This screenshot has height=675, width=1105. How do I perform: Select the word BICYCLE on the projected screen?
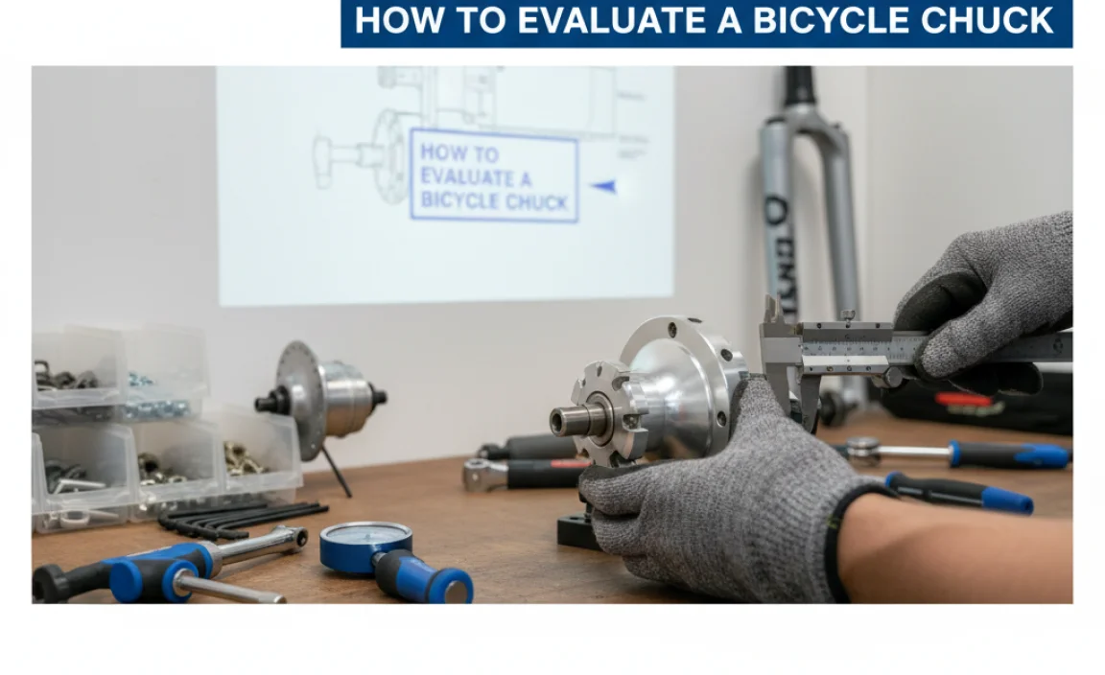pos(458,201)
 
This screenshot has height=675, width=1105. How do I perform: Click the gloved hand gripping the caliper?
pos(988,297)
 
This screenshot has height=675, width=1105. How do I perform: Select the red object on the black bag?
pos(964,399)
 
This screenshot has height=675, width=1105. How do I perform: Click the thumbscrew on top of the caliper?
pos(848,314)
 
